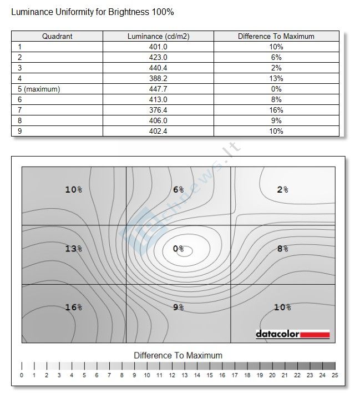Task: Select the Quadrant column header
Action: click(57, 37)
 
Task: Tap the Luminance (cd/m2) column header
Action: click(158, 37)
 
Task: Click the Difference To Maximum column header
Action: click(276, 37)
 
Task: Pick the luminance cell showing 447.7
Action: click(158, 89)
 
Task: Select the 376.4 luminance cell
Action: click(158, 110)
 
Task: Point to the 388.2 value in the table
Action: click(158, 78)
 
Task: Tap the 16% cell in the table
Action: click(276, 110)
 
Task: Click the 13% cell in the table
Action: click(276, 78)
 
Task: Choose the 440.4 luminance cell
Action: click(158, 68)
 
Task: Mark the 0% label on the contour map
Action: click(178, 249)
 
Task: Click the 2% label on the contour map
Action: click(282, 189)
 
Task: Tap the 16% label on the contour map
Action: click(73, 307)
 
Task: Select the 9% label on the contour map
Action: click(178, 307)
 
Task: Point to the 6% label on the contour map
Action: click(178, 189)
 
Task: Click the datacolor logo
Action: click(293, 334)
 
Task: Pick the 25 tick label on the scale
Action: click(334, 376)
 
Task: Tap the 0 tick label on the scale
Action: click(22, 376)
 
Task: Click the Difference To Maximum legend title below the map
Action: click(178, 355)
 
